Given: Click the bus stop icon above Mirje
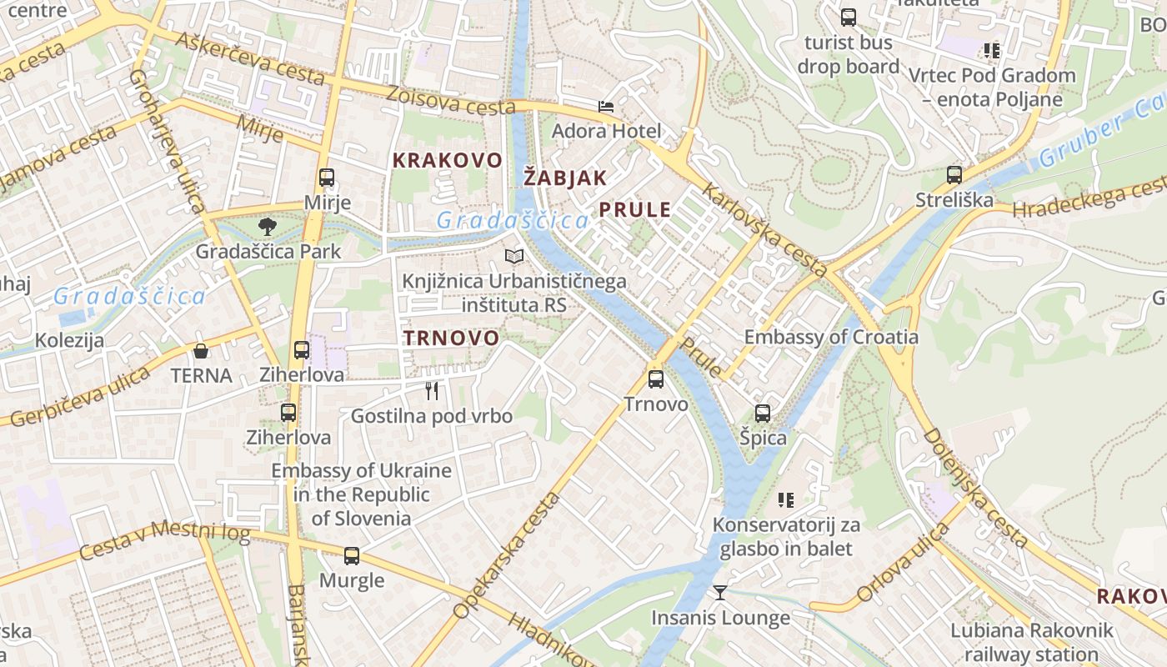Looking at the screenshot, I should click(x=327, y=178).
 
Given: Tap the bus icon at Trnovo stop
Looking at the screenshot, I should click(x=656, y=379).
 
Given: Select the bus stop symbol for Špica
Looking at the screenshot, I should click(x=762, y=413).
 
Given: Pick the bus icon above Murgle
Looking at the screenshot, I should click(x=352, y=555).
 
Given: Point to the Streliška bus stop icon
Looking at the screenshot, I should click(x=954, y=175).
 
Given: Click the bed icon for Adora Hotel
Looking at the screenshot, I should click(x=606, y=107).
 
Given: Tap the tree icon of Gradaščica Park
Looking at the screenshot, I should click(x=268, y=225).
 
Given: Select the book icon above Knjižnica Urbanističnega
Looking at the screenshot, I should click(x=514, y=257).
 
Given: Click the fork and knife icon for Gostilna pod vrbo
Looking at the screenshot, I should click(x=432, y=390).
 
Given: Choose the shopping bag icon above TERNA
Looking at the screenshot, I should click(x=201, y=350).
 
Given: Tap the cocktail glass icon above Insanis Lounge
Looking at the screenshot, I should click(x=720, y=593).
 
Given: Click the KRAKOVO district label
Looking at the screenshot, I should click(x=448, y=160).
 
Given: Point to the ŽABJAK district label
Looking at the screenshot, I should click(x=565, y=177).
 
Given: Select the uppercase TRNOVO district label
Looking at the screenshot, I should click(x=451, y=339).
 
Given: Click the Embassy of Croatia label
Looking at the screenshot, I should click(x=831, y=337).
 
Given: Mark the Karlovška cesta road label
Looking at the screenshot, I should click(x=764, y=230).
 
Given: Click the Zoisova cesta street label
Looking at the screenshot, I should click(x=451, y=100).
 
